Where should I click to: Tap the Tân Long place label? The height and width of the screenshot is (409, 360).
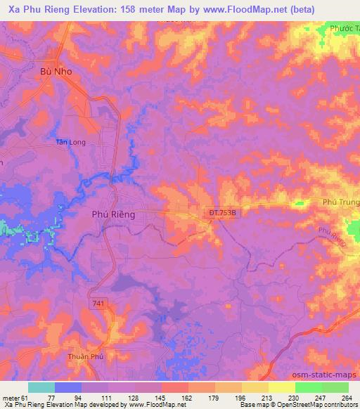click(x=71, y=142)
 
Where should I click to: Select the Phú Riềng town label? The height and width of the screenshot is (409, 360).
click(x=112, y=214)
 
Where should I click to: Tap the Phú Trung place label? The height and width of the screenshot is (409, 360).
click(x=340, y=202)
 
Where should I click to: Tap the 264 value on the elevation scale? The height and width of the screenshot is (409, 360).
click(x=347, y=398)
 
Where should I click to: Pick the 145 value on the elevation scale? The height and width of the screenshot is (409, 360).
click(x=160, y=398)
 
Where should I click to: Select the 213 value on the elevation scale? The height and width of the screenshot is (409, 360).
click(x=266, y=398)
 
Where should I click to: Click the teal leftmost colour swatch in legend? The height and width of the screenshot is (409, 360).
click(x=41, y=387)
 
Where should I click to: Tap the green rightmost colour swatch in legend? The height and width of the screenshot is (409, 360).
click(x=335, y=387)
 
